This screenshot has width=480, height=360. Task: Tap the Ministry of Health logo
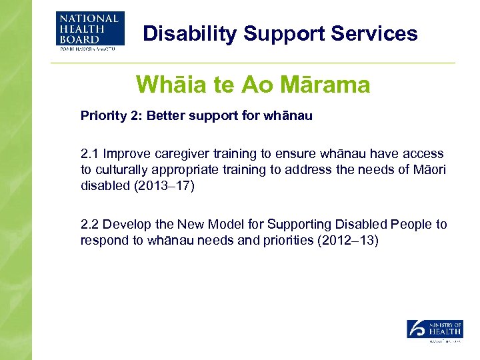click(434, 331)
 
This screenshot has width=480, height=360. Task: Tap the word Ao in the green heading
click(255, 85)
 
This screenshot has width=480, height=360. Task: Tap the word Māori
click(431, 169)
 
